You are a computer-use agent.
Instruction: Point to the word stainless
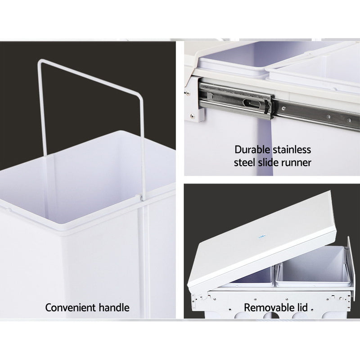coord(292,150)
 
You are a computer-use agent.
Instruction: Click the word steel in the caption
coord(244,162)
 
